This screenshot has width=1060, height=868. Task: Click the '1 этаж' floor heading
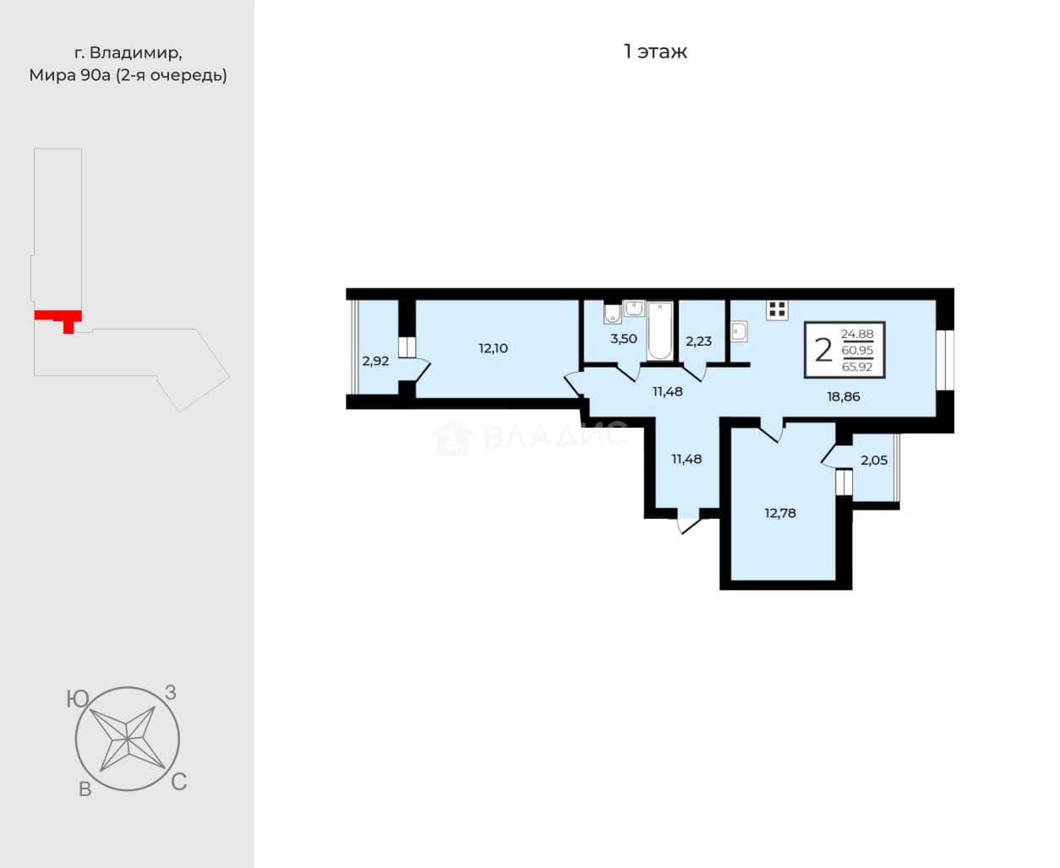click(655, 52)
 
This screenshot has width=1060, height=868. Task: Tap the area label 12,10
click(493, 348)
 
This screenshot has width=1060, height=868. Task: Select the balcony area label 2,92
click(375, 361)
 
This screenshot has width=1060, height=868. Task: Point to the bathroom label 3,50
click(624, 338)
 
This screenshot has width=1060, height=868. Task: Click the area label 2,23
click(698, 341)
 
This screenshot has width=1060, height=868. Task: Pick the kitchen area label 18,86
click(844, 396)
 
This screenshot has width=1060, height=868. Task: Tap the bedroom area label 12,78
click(780, 513)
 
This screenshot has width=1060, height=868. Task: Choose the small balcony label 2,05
click(874, 460)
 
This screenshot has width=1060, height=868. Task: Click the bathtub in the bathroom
click(660, 330)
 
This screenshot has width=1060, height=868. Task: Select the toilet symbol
click(613, 314)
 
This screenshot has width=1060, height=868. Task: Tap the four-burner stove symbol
click(777, 309)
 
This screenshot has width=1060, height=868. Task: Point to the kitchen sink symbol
click(739, 331)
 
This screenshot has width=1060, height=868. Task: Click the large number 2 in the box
click(823, 350)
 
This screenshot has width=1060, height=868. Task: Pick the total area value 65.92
click(857, 367)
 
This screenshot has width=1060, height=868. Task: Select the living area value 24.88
click(857, 334)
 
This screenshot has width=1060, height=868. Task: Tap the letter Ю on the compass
click(78, 699)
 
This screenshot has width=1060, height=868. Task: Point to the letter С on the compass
click(179, 782)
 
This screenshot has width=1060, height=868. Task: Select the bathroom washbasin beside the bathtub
click(634, 308)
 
